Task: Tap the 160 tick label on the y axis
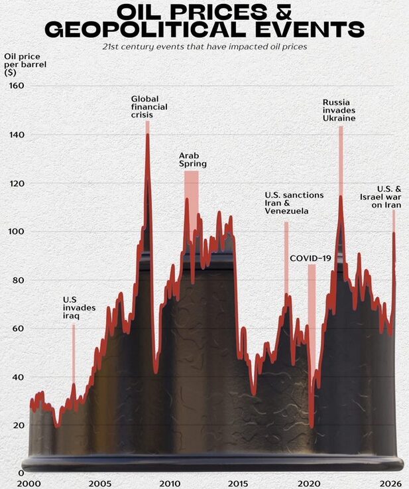17,86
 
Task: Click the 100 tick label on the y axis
17,232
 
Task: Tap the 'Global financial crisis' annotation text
149,106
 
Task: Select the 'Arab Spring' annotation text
193,159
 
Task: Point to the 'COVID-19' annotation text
310,257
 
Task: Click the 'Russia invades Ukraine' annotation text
339,110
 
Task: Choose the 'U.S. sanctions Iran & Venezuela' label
294,203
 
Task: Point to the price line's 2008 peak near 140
147,135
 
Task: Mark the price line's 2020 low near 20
312,425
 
